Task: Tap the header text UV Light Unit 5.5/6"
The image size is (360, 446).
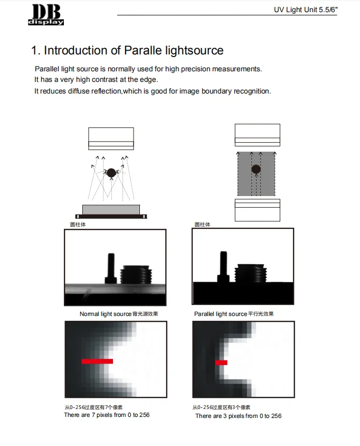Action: coord(305,10)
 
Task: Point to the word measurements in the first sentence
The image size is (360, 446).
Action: coord(236,69)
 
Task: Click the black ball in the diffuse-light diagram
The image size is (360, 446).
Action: coord(111,173)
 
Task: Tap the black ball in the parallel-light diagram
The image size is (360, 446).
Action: coord(256,169)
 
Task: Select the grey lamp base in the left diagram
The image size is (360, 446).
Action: coord(111,209)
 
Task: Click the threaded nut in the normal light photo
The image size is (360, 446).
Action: coord(136,274)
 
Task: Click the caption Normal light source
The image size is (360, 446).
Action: coord(105,314)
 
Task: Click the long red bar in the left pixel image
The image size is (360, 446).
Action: coord(97,361)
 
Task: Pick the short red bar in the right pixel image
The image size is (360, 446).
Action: coord(221,363)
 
